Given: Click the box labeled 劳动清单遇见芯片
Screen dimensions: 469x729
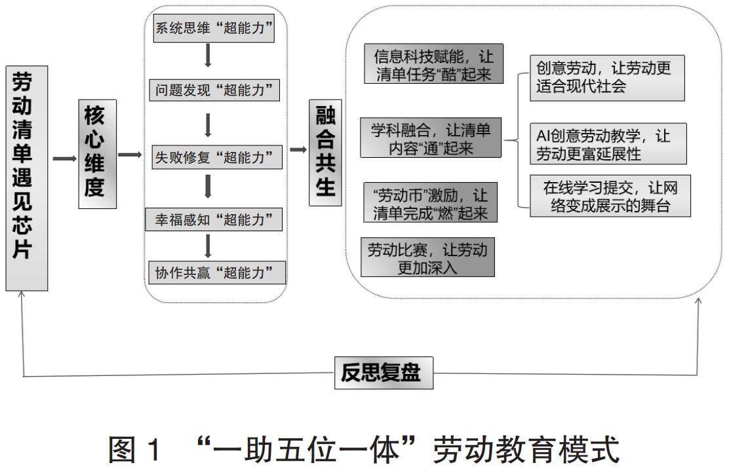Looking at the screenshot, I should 27,178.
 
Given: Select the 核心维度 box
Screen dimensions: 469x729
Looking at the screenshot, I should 97,155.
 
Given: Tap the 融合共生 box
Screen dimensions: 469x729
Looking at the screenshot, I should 325,151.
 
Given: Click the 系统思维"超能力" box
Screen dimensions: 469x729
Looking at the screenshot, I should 213,29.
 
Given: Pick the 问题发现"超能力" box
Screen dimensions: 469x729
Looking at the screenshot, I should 214,89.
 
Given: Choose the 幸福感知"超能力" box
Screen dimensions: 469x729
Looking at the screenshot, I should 214,219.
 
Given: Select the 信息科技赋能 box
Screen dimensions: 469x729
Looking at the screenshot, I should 433,64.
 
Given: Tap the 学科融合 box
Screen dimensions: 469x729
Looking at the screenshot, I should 431,138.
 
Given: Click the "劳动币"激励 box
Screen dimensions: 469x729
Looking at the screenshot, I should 430,203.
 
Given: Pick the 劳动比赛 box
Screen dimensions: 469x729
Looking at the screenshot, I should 427,257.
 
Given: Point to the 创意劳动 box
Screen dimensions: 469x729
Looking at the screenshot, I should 606,77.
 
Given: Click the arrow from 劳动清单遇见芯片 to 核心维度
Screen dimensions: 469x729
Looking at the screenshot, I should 64,159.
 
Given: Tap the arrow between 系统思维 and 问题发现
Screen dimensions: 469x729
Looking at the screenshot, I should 208,56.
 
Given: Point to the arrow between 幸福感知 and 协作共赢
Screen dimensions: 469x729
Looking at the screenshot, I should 208,246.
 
